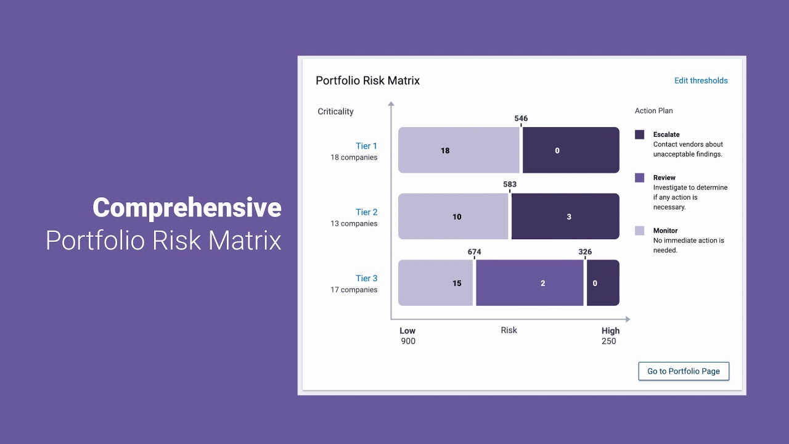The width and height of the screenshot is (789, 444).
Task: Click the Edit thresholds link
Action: pos(701,81)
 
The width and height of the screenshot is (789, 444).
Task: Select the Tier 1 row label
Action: pos(366,146)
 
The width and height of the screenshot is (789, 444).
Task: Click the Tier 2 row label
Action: pos(366,212)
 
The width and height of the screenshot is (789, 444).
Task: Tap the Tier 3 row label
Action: pos(366,278)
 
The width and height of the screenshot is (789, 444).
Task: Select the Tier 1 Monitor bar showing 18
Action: pos(459,150)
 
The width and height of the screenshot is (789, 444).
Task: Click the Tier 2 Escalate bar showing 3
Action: pos(565,216)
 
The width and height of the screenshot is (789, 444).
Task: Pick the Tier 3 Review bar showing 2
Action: pos(529,283)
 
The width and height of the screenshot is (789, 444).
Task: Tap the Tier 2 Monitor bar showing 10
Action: pos(453,216)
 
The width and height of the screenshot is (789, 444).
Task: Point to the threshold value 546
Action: pos(521,118)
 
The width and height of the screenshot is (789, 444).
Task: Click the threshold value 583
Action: pos(510,184)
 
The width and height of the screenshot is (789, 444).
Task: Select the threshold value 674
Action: pos(474,252)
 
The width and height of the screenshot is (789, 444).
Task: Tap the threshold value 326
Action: pos(585,252)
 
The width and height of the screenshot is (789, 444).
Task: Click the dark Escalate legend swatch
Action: pos(640,134)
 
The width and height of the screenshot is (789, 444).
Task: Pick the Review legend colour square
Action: pos(640,178)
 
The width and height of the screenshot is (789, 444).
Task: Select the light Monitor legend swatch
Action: pos(640,231)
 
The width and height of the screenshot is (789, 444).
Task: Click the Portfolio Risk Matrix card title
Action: pos(367,81)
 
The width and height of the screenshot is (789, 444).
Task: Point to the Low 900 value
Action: pos(408,341)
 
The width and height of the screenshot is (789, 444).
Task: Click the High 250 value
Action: pos(608,341)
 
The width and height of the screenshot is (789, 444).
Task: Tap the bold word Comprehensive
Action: pos(187,208)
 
